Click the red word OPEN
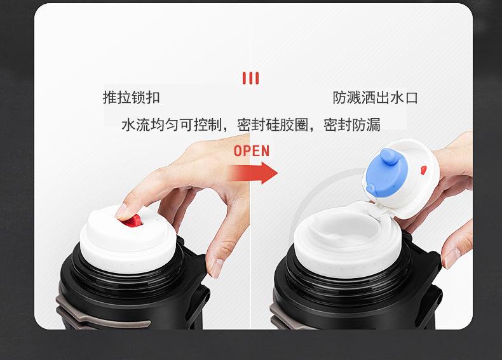coord(252,151)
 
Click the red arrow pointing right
coord(253,173)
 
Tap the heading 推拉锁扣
coord(132,97)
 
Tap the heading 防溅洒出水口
coord(375,98)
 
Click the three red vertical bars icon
coord(250,78)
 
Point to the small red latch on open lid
coord(424,170)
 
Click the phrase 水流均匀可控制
coord(172,124)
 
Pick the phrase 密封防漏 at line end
coord(352,124)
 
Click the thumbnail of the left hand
coord(217,268)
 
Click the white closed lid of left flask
coord(128,238)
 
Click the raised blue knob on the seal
coord(388,157)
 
